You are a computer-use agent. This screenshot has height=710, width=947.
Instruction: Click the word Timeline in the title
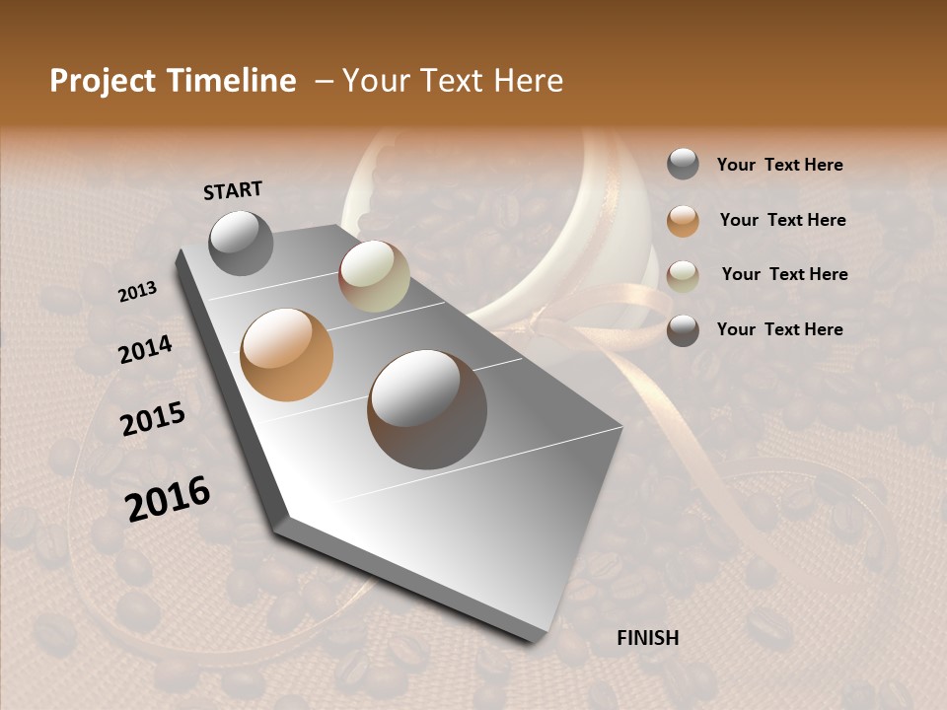point(232,81)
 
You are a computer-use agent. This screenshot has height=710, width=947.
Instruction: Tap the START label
point(233,189)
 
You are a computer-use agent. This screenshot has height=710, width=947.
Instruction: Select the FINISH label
point(647,638)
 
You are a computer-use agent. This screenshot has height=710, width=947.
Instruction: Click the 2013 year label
point(137,292)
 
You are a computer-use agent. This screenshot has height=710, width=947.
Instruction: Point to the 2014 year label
point(145,349)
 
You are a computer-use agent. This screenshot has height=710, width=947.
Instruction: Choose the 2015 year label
point(153,419)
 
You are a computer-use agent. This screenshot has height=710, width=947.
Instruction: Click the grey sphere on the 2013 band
point(241,243)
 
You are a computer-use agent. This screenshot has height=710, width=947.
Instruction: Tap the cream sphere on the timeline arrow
point(374,276)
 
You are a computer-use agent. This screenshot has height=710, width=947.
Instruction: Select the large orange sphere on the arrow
point(287,354)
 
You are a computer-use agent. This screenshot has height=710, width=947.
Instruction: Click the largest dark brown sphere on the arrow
point(427,409)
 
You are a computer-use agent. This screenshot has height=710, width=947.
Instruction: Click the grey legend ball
point(683,164)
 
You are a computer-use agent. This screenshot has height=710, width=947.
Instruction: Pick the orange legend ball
point(683,220)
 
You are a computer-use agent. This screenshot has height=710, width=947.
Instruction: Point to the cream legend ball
point(683,275)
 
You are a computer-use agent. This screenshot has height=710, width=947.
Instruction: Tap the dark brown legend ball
point(683,330)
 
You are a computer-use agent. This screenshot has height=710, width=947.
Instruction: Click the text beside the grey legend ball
point(779,165)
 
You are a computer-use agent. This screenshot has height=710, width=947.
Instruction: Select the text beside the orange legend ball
point(782,220)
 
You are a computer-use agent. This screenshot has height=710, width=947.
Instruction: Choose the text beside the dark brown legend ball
point(779,329)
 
